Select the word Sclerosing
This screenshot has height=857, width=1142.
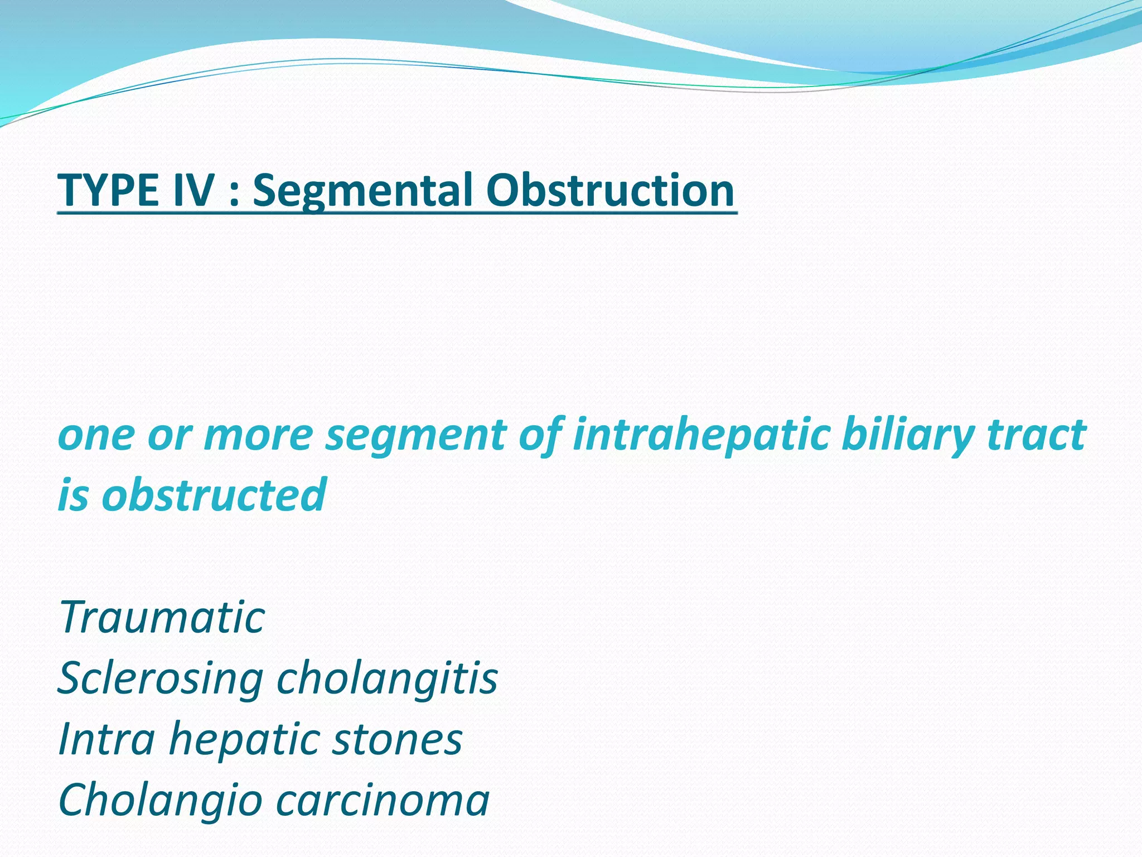point(161,679)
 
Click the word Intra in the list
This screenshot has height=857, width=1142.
point(107,739)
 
